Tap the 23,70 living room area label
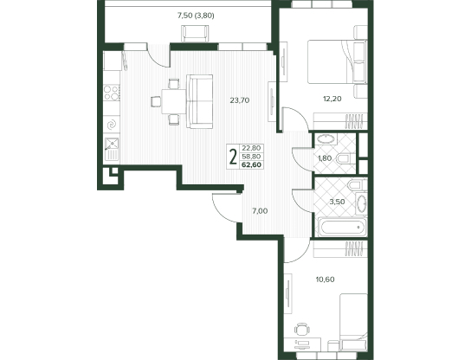pyautogui.click(x=240, y=100)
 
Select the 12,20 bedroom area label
pyautogui.click(x=332, y=99)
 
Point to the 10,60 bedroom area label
pyautogui.click(x=325, y=280)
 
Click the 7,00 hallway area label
pyautogui.click(x=260, y=211)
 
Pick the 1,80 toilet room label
pyautogui.click(x=325, y=158)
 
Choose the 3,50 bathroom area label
pyautogui.click(x=337, y=202)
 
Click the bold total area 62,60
pyautogui.click(x=251, y=164)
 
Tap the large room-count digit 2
pyautogui.click(x=233, y=157)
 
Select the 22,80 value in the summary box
pyautogui.click(x=251, y=148)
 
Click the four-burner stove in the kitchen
pyautogui.click(x=111, y=93)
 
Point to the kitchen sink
pyautogui.click(x=112, y=149)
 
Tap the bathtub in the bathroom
pyautogui.click(x=342, y=227)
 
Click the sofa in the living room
pyautogui.click(x=200, y=101)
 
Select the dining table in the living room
pyautogui.click(x=174, y=101)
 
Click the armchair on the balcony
pyautogui.click(x=195, y=33)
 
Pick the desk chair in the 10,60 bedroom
pyautogui.click(x=301, y=330)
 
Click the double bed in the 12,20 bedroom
pyautogui.click(x=337, y=61)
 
